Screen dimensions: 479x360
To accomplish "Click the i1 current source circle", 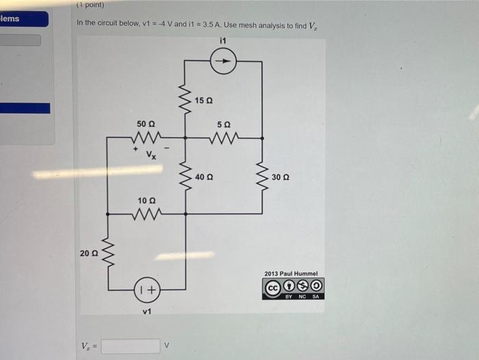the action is (x=224, y=62).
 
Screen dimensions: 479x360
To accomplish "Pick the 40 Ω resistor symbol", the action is (x=185, y=176).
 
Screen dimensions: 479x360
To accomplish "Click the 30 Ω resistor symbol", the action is (x=261, y=176).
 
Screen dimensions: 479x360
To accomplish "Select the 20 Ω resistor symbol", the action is (x=107, y=253).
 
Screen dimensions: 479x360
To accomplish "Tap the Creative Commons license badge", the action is (x=294, y=286).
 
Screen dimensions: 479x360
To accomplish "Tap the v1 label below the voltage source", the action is (x=146, y=312).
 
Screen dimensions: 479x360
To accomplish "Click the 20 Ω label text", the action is (x=89, y=253).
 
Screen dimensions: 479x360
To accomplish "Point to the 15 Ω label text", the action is (x=204, y=101).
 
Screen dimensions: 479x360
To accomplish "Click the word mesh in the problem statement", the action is (x=245, y=23).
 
